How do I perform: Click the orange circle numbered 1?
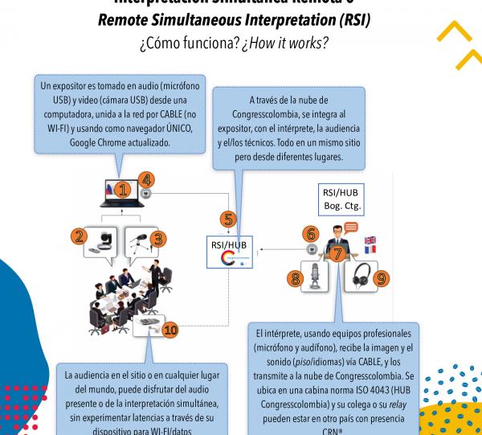122,190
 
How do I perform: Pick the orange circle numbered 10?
170,329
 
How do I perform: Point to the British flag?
370,240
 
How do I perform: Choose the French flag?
370,251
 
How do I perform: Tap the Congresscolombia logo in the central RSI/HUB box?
230,259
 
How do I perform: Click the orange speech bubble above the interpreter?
350,228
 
